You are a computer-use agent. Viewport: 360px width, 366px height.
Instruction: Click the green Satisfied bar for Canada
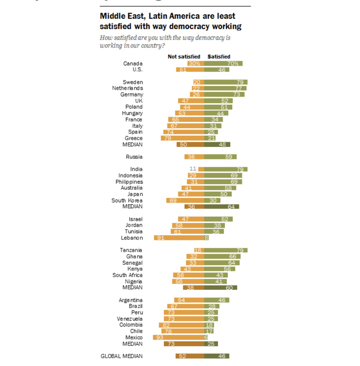coord(223,63)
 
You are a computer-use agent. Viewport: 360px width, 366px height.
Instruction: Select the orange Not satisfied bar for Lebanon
coord(179,238)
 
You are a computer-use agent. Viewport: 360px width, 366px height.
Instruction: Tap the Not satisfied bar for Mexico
coord(178,337)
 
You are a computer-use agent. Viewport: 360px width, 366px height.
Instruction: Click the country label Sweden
coord(133,82)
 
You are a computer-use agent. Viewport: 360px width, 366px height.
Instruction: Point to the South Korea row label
coord(127,200)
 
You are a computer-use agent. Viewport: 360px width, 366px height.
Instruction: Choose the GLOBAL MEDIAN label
coord(121,356)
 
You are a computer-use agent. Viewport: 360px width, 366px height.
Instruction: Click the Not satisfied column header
coord(184,57)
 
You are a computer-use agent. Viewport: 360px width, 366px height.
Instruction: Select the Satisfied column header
coord(219,57)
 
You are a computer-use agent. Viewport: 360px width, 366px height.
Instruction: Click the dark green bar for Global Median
coord(216,356)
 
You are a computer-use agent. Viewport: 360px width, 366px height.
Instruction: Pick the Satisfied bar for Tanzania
coord(225,250)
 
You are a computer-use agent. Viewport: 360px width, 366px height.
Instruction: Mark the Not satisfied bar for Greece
coord(182,138)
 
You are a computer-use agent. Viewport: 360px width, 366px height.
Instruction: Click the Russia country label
coord(135,157)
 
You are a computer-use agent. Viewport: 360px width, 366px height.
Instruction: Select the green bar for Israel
coord(218,219)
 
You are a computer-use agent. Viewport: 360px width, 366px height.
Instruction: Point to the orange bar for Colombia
coord(181,325)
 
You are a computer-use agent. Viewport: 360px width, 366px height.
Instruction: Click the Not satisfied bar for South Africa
coord(189,275)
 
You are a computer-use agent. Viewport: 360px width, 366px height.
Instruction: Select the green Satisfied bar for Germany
coord(224,94)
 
